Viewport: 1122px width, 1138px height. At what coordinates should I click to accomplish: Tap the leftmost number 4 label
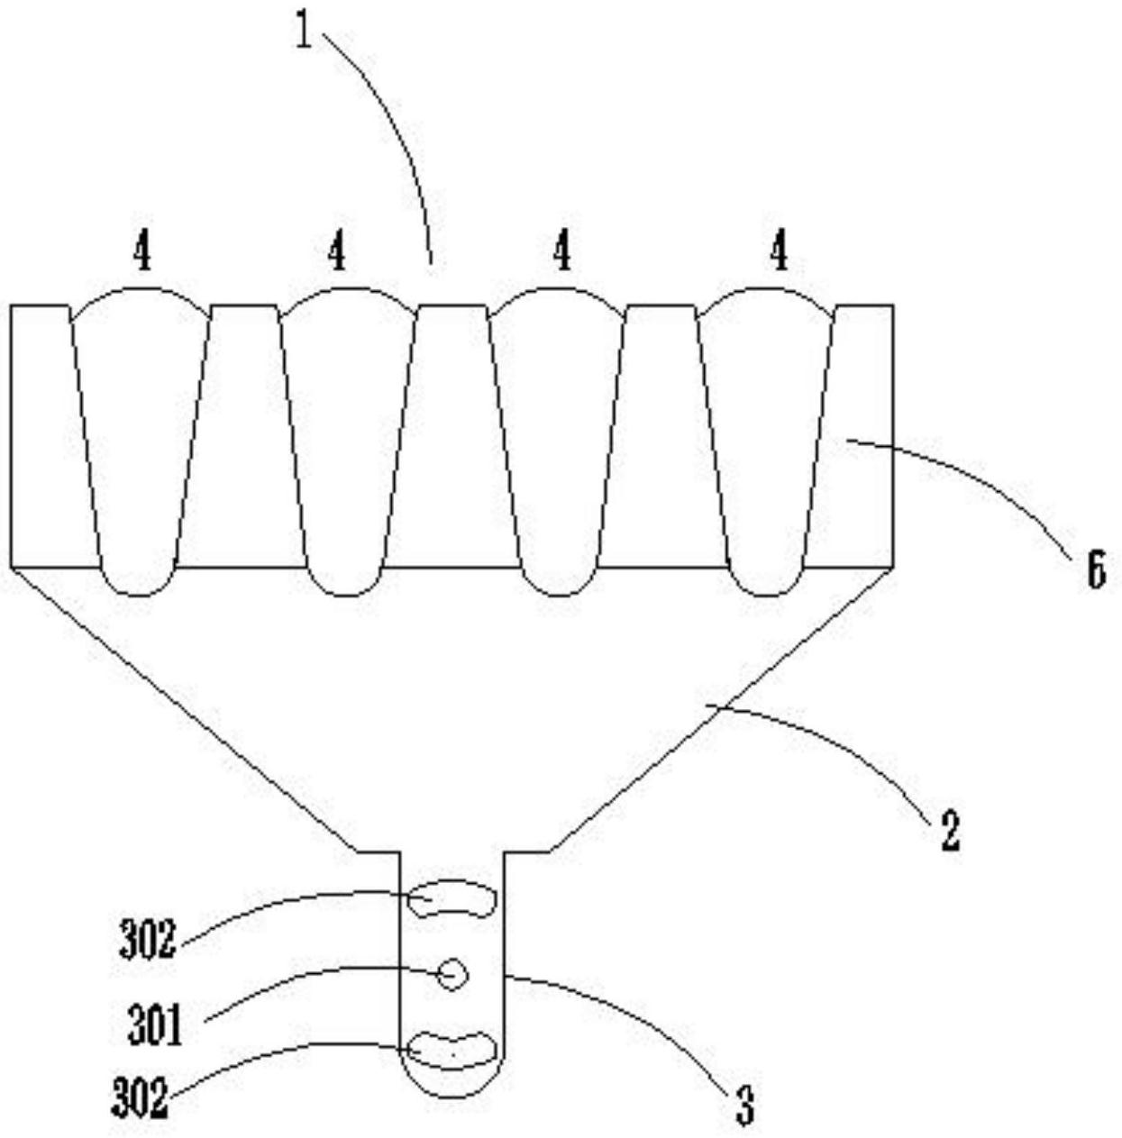coord(141,251)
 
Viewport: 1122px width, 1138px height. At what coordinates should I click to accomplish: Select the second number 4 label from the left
coord(336,251)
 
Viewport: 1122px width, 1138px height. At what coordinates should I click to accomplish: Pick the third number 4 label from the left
coord(561,251)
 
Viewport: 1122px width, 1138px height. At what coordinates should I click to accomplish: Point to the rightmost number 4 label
coord(779,251)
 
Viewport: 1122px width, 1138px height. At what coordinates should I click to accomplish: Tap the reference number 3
coord(744,1106)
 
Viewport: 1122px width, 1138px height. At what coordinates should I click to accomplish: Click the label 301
coord(155,1024)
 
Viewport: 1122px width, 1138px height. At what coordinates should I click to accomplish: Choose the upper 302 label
coord(147,941)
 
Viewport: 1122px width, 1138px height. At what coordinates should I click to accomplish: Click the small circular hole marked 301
coord(452,974)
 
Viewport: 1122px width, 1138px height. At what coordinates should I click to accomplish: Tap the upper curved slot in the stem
coord(452,899)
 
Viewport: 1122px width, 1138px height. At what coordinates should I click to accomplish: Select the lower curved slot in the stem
coord(452,1050)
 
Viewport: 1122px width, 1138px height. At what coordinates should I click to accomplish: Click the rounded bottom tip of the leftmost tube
coord(138,581)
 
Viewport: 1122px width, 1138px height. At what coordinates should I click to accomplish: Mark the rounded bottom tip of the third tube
coord(560,581)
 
